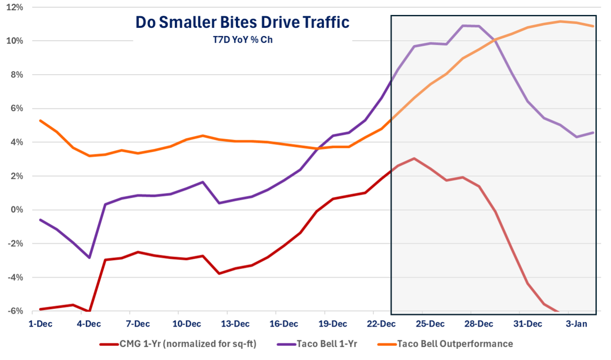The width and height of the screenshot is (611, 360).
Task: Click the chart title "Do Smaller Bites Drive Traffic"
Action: (242, 22)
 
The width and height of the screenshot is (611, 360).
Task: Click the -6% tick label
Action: (15, 311)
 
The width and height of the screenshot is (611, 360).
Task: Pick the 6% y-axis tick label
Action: (16, 109)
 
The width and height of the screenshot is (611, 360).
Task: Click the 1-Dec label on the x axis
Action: (40, 324)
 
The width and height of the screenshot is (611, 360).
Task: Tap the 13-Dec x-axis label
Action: (235, 324)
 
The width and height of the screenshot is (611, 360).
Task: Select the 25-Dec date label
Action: (430, 324)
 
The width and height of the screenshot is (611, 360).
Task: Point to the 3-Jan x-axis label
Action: (577, 324)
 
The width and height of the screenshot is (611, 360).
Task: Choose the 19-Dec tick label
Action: (333, 324)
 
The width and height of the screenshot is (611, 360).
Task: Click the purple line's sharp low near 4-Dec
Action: (89, 258)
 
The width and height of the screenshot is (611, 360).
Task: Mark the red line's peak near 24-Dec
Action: (414, 158)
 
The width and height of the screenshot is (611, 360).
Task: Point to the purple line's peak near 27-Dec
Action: (463, 26)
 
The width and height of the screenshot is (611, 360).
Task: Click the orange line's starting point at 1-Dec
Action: (40, 121)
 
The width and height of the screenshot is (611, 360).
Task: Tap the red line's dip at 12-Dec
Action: (219, 273)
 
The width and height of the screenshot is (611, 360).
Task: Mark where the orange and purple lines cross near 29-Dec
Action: (495, 40)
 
